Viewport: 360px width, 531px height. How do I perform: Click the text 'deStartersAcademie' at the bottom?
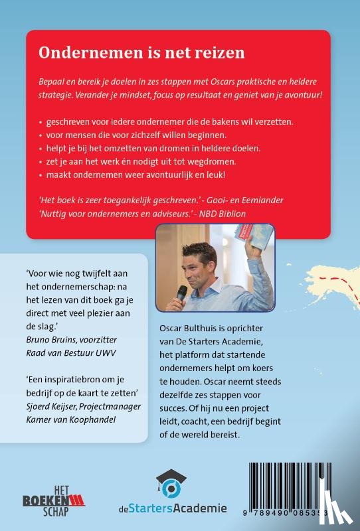[177, 509]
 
